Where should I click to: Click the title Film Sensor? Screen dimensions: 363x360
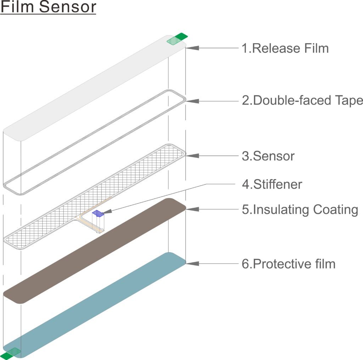(48, 7)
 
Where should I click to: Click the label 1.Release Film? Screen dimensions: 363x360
(285, 48)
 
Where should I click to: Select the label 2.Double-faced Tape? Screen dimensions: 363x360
(302, 100)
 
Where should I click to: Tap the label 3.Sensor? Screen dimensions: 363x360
(268, 156)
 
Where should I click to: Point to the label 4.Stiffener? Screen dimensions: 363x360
(272, 184)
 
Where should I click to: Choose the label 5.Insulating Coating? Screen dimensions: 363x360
(300, 210)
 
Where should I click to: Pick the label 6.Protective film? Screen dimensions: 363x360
(289, 264)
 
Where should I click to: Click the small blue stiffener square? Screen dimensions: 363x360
(98, 214)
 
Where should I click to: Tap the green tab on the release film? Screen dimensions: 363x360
(177, 39)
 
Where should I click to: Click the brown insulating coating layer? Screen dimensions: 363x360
(94, 251)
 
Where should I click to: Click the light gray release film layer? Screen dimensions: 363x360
(94, 88)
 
